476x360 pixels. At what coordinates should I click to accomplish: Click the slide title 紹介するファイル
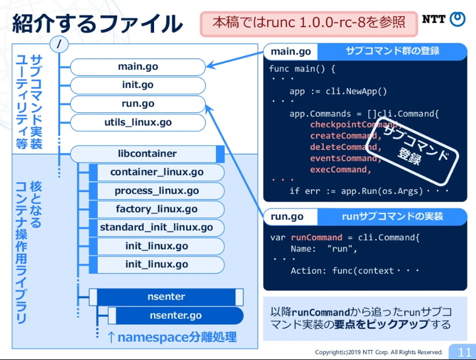pos(98,23)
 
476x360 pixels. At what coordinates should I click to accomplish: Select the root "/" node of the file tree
pos(60,44)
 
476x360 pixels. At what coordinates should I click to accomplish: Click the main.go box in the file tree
pos(138,67)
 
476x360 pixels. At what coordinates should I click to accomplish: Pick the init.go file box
pos(138,85)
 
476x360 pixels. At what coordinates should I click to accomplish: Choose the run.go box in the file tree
pos(138,104)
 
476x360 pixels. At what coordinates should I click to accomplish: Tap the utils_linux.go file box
pos(138,122)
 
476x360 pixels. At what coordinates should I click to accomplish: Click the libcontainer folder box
pos(147,154)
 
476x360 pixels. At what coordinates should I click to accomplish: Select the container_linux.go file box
pos(157,172)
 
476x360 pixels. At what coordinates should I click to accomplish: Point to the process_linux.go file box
pos(157,191)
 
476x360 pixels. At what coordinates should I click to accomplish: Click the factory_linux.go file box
pos(157,209)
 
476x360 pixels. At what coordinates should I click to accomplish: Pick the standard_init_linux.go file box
pos(157,228)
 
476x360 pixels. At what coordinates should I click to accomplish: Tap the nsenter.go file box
pos(175,316)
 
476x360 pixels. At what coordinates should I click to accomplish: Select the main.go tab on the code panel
pos(291,52)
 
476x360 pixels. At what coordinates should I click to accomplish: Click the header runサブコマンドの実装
pos(392,217)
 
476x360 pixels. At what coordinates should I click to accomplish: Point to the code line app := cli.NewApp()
pos(338,92)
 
